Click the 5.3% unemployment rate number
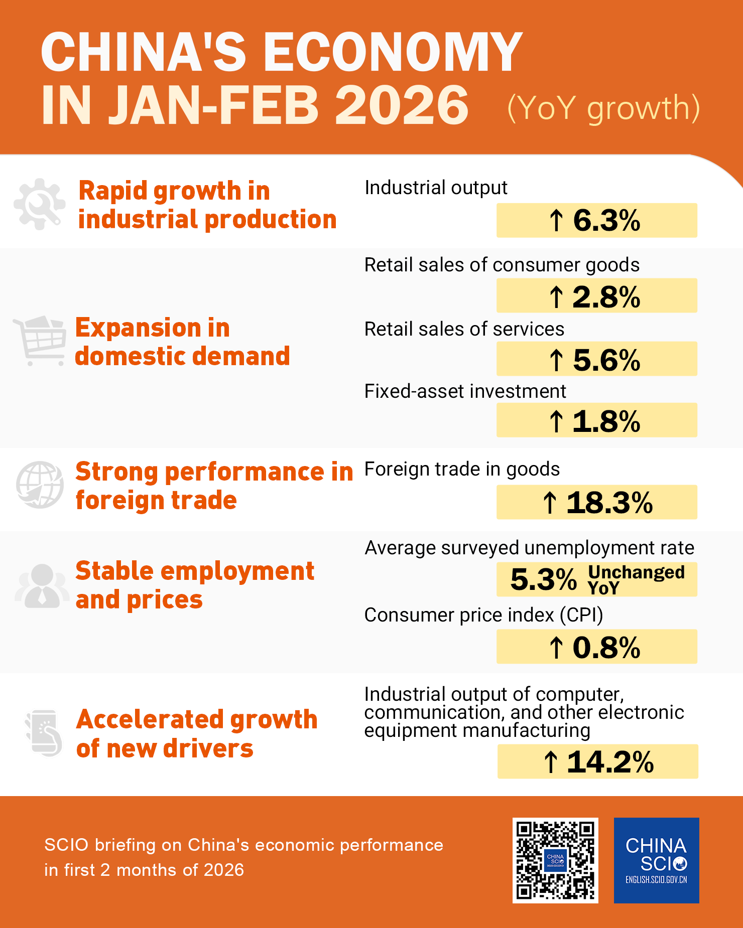pyautogui.click(x=543, y=580)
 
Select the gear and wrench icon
pyautogui.click(x=40, y=204)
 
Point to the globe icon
pyautogui.click(x=40, y=485)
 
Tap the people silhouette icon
pyautogui.click(x=42, y=586)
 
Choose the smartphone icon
pyautogui.click(x=44, y=733)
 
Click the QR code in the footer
pyautogui.click(x=555, y=860)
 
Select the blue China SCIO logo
pyautogui.click(x=656, y=860)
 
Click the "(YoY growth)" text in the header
pyautogui.click(x=603, y=108)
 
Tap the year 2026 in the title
pyautogui.click(x=402, y=105)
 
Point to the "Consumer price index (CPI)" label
pyautogui.click(x=483, y=615)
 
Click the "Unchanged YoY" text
pyautogui.click(x=636, y=579)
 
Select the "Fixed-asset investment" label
pyautogui.click(x=465, y=391)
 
